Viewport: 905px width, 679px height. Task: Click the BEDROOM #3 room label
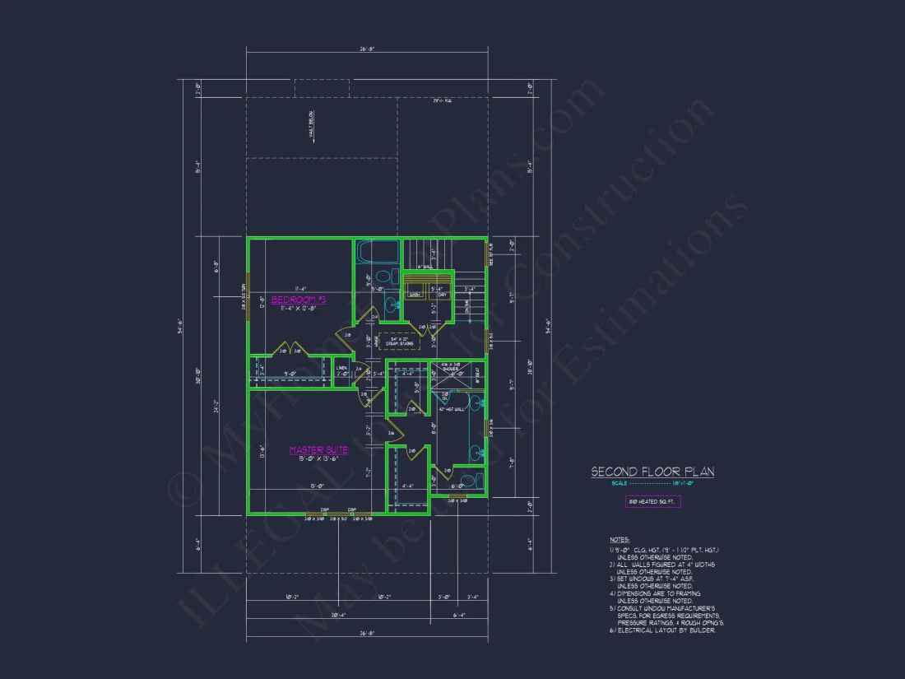pyautogui.click(x=299, y=300)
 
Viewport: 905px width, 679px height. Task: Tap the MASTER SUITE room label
pyautogui.click(x=318, y=450)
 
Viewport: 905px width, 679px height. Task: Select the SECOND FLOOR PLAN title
pyautogui.click(x=652, y=472)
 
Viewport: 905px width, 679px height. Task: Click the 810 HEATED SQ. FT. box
pyautogui.click(x=652, y=501)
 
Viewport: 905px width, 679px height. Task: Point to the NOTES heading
pyautogui.click(x=618, y=541)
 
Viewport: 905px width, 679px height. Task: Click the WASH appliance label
pyautogui.click(x=415, y=294)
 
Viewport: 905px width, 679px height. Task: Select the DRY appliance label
pyautogui.click(x=441, y=294)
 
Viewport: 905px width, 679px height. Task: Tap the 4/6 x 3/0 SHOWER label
pyautogui.click(x=451, y=366)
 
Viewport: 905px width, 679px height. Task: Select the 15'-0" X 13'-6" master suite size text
pyautogui.click(x=318, y=458)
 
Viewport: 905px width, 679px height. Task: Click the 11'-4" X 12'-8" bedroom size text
pyautogui.click(x=299, y=308)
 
